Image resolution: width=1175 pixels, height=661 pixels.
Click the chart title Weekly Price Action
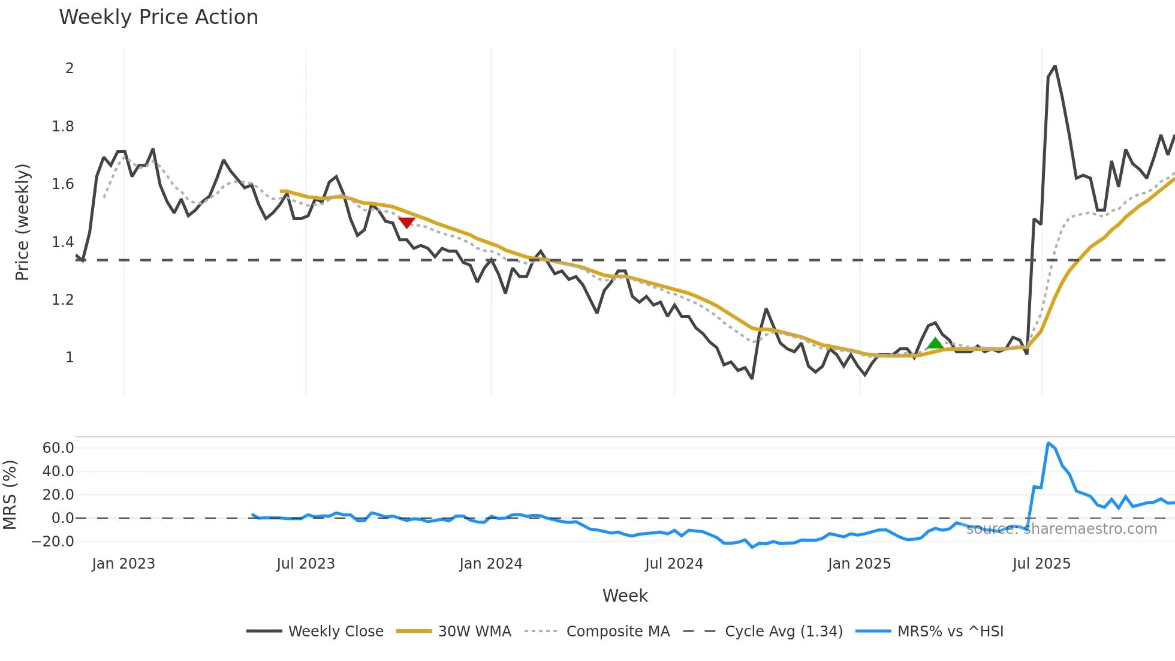tap(158, 17)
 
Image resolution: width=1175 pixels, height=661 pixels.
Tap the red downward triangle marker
tap(406, 223)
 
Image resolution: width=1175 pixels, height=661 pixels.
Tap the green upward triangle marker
tap(935, 344)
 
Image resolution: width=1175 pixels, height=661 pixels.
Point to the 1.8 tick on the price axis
tap(62, 127)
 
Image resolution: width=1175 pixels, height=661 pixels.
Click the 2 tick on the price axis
tap(70, 68)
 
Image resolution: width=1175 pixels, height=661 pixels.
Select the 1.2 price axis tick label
tap(62, 300)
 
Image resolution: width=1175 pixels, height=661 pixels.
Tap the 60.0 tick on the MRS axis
tap(58, 448)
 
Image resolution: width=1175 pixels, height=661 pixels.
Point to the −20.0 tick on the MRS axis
tap(53, 542)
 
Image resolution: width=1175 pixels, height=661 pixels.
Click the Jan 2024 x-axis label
tap(491, 564)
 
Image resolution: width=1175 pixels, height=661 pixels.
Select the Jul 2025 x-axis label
tap(1041, 564)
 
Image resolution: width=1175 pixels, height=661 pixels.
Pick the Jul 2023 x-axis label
tap(306, 564)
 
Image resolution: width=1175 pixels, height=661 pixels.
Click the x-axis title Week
tap(625, 596)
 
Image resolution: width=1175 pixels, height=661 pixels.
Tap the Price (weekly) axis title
tap(22, 222)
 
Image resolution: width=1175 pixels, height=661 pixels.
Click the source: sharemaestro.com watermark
tap(1061, 529)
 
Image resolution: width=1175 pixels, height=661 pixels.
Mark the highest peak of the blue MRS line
tap(1048, 443)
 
